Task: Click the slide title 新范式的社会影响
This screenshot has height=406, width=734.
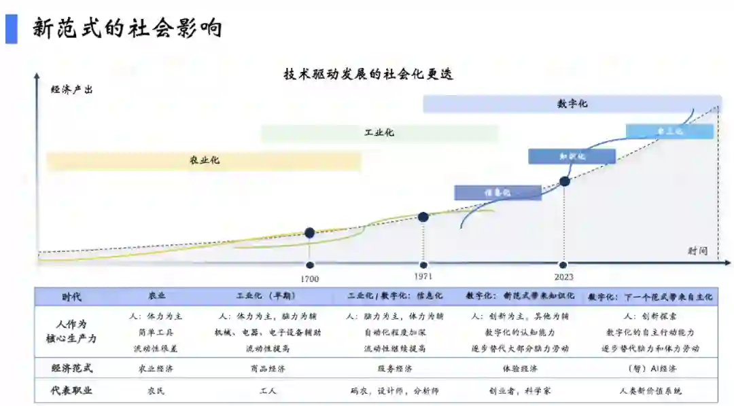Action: tap(127, 29)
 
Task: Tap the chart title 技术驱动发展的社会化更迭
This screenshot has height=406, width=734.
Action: tap(368, 74)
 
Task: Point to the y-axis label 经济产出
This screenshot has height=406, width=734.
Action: tap(71, 90)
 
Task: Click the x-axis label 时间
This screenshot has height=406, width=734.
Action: tap(697, 251)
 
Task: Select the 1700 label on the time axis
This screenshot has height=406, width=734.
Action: tap(309, 278)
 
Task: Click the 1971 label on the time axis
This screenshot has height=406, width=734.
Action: tap(423, 276)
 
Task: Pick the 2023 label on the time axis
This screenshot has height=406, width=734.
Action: tap(563, 276)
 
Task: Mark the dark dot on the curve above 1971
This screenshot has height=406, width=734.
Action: tap(423, 217)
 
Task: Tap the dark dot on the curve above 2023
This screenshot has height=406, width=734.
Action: tap(564, 181)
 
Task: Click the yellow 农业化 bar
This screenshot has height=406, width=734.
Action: tap(204, 161)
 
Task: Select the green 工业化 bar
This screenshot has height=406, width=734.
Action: tap(379, 132)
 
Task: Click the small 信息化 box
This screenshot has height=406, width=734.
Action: tap(497, 193)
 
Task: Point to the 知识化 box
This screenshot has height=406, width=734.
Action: tap(572, 156)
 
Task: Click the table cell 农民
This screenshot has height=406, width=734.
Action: tap(156, 390)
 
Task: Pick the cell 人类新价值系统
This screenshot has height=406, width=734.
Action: tap(650, 390)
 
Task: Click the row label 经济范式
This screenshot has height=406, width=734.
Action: tap(72, 368)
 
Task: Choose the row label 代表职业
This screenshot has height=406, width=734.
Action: tap(72, 390)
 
